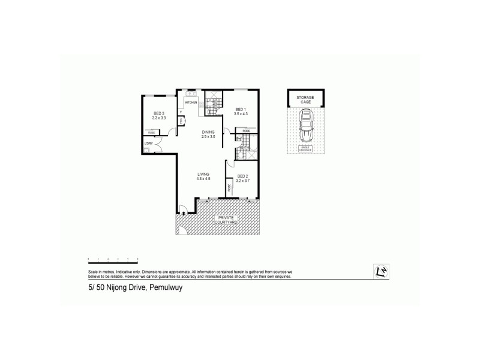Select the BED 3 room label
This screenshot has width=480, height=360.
tap(158, 114)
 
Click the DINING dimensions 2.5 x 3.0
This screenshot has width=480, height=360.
tap(208, 137)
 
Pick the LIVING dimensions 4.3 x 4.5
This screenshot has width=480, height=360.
tap(204, 178)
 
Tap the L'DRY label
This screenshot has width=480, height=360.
tap(148, 144)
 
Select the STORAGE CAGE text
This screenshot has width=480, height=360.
tap(305, 99)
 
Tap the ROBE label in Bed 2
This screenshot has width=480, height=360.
tap(229, 188)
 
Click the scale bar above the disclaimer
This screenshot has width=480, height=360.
tap(113, 259)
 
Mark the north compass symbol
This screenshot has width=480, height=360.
tap(379, 271)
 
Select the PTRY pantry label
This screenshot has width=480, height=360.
tap(179, 121)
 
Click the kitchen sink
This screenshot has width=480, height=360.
tap(190, 94)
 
